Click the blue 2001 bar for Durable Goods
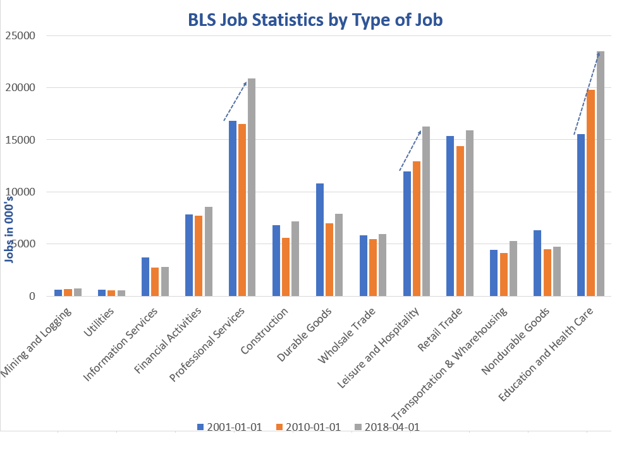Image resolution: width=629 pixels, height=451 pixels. coord(320,240)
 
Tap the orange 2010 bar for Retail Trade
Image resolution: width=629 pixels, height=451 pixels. coord(460,221)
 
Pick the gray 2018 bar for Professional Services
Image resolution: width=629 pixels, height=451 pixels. coord(252,187)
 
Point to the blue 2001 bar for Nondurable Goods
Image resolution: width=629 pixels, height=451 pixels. coord(537,263)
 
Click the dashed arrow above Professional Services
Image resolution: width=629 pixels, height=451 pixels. coord(235,101)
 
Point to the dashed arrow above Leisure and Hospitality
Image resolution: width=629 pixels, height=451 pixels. coord(410,151)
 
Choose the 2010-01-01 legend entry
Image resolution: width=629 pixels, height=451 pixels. coord(310,427)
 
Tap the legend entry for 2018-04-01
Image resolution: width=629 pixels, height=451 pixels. coord(389,427)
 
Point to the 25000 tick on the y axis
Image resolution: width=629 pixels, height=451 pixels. coord(21,35)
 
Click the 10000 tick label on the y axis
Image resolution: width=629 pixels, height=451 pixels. coord(21,192)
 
